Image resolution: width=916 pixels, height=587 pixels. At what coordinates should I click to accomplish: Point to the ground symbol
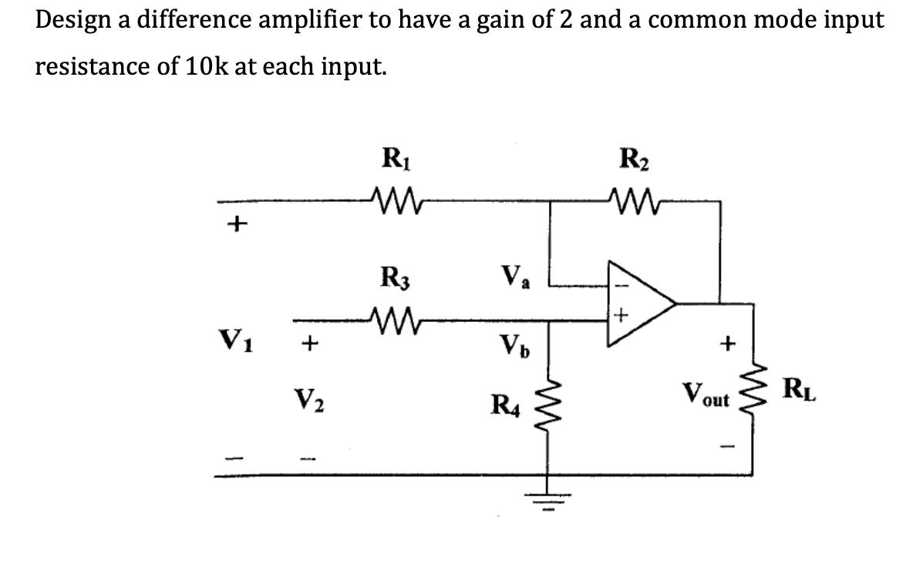coord(549,495)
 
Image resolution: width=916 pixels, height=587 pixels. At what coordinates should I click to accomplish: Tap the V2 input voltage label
coord(308,401)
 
